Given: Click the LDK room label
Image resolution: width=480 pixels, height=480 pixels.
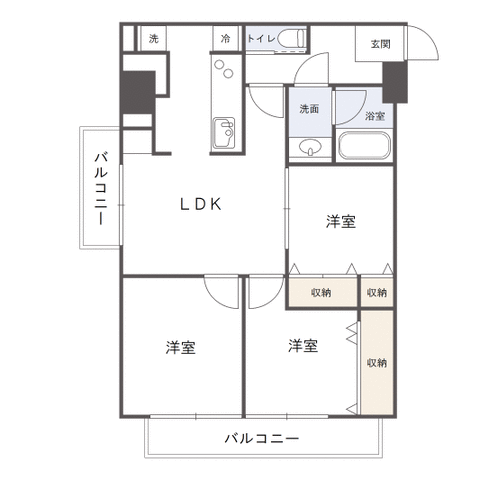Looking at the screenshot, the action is (x=201, y=204).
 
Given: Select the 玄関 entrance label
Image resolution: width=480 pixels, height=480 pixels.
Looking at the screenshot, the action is (x=380, y=44).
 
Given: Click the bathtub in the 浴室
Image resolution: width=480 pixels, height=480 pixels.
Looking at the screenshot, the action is (x=364, y=146).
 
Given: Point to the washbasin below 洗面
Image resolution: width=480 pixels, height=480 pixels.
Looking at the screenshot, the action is (x=310, y=147).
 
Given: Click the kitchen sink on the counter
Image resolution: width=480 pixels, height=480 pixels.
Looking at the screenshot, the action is (x=224, y=133).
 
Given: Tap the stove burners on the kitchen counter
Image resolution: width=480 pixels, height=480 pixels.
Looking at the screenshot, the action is (x=224, y=68).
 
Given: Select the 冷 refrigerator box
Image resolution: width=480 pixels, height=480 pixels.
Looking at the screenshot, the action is (x=226, y=38).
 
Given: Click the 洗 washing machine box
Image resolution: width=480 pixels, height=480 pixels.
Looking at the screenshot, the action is (x=153, y=38).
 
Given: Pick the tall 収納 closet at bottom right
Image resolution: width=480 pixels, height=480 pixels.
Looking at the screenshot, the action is (x=377, y=363).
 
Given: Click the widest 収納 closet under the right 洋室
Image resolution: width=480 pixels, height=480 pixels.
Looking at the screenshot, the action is (x=322, y=291).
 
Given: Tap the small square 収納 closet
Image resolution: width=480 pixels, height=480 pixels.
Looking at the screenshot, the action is (x=377, y=291).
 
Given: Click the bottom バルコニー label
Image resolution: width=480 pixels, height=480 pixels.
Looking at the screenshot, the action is (x=262, y=438).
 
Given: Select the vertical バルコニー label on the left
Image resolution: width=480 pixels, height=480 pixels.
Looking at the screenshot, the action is (x=101, y=188).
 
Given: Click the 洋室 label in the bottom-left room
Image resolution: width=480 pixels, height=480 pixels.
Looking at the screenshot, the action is (x=180, y=347).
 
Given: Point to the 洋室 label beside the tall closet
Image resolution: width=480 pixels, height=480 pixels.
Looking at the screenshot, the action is (x=303, y=346).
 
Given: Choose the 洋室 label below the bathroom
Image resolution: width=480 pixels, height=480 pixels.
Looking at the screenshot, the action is (x=341, y=221).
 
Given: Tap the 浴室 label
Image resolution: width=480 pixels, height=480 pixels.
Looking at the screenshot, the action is (x=375, y=116).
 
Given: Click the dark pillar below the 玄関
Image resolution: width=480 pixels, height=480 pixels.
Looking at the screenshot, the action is (x=395, y=82).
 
